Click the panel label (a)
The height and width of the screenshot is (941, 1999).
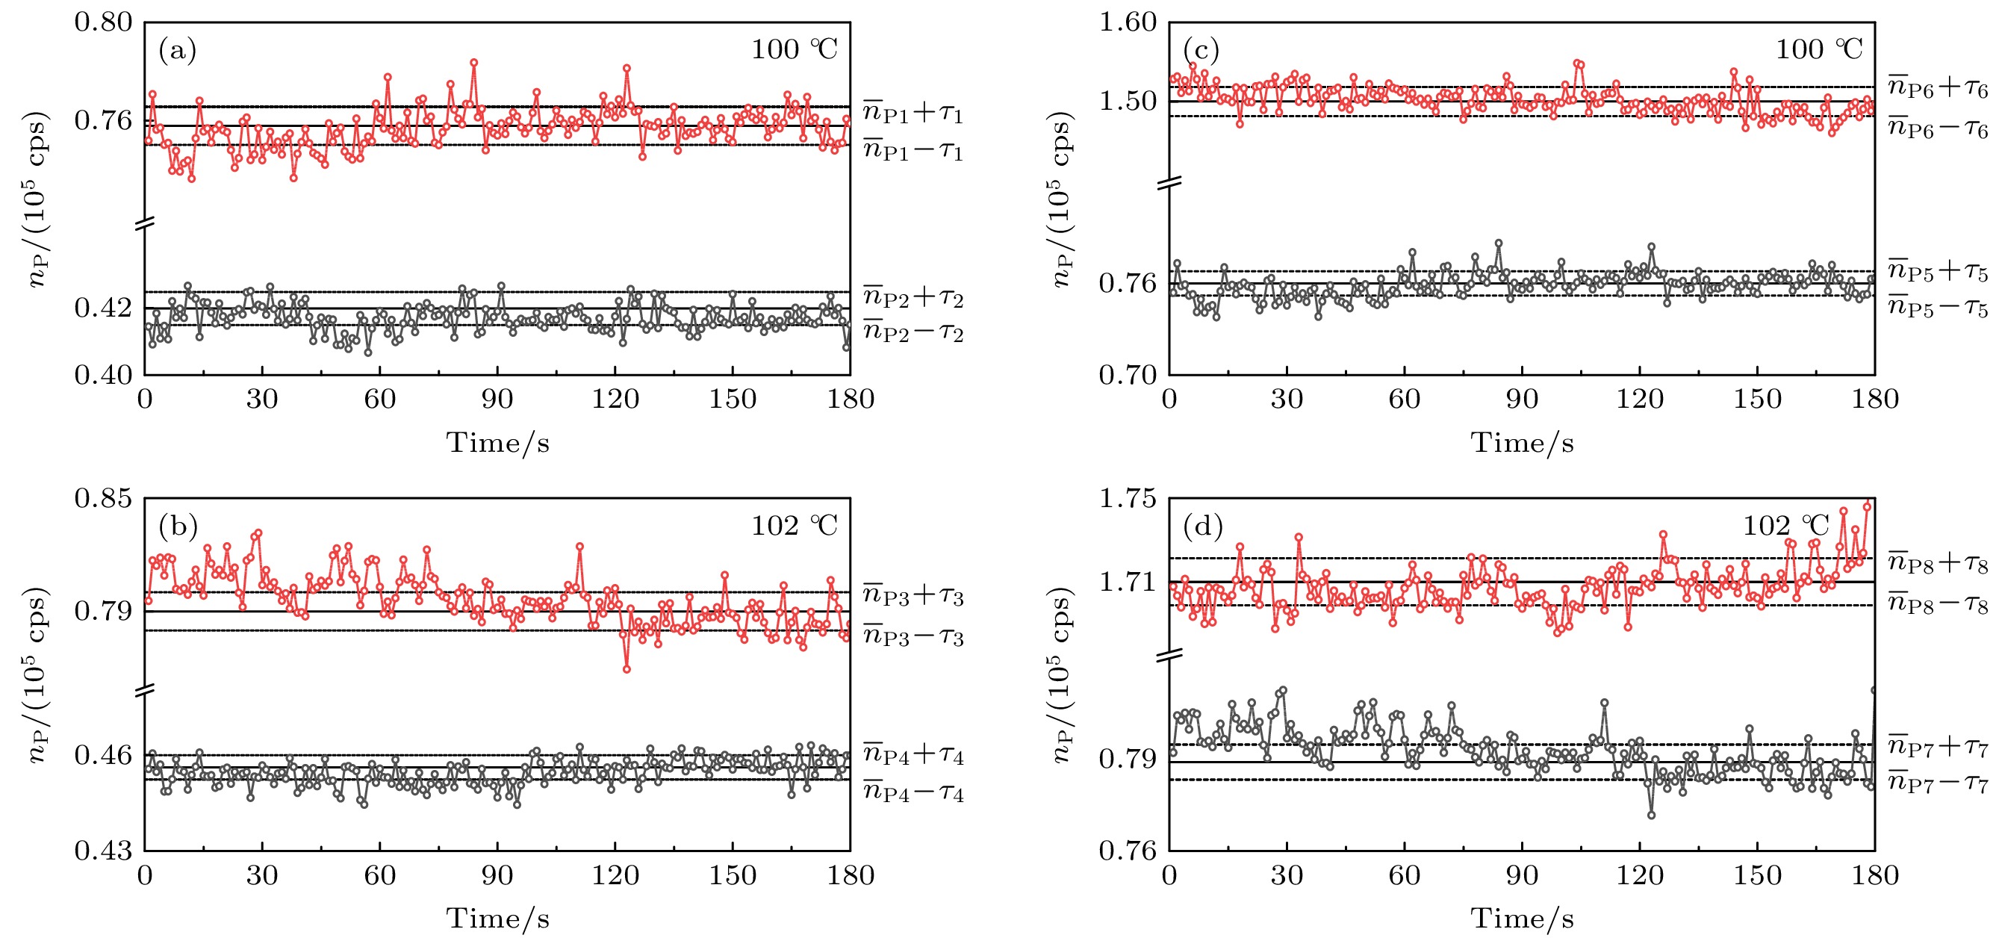click(x=177, y=52)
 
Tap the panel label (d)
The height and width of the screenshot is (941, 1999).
click(x=1203, y=527)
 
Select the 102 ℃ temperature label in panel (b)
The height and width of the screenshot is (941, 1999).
click(x=794, y=527)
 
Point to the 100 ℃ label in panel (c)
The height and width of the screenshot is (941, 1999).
click(x=1819, y=50)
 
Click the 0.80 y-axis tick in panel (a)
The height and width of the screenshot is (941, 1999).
click(x=103, y=22)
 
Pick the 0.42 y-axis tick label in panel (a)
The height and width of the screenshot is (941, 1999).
click(x=103, y=308)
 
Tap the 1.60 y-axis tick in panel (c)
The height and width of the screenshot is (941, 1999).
click(x=1128, y=22)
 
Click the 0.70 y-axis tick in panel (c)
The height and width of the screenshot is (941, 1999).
click(x=1128, y=375)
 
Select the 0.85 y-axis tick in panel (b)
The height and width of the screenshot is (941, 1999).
click(x=103, y=497)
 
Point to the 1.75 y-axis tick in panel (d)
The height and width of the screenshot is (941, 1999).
click(x=1128, y=497)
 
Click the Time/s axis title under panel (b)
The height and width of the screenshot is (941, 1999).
click(x=497, y=919)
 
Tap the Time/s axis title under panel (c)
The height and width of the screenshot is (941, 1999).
click(x=1522, y=443)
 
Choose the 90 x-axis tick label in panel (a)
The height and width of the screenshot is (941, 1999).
click(x=497, y=399)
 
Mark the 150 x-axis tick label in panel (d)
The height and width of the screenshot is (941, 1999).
click(x=1757, y=875)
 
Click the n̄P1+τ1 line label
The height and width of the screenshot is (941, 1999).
click(x=913, y=113)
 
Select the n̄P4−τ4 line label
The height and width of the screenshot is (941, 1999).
click(x=913, y=792)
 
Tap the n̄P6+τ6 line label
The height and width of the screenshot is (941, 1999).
click(x=1937, y=87)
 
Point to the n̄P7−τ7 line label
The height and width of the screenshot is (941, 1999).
click(x=1937, y=782)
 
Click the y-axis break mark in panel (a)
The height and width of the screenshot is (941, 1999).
click(x=145, y=223)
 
